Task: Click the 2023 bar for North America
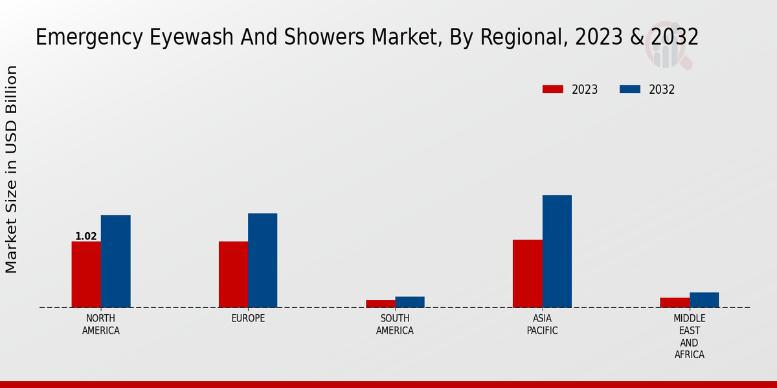[x=86, y=274]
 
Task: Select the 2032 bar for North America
[x=115, y=261]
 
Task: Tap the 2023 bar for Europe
[x=233, y=274]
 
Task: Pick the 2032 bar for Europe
[x=262, y=260]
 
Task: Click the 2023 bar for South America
[x=380, y=303]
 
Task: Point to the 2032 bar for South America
[x=410, y=302]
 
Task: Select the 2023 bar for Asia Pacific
[x=528, y=274]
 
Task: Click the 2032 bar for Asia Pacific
[x=557, y=251]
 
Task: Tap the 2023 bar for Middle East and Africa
[x=675, y=303]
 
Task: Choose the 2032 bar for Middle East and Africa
[x=704, y=300]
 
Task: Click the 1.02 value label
[x=86, y=237]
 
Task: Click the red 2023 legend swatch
[x=553, y=89]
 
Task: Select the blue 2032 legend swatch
[x=630, y=89]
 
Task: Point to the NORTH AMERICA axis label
[x=101, y=325]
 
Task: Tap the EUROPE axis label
[x=248, y=319]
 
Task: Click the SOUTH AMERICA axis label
[x=395, y=325]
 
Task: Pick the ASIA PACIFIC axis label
[x=542, y=325]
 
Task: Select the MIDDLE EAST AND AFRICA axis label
[x=689, y=336]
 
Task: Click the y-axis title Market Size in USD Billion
[x=12, y=169]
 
